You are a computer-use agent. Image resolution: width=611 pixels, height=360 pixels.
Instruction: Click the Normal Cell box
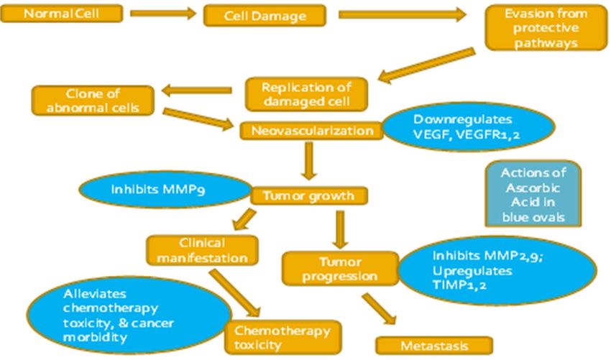tap(62, 13)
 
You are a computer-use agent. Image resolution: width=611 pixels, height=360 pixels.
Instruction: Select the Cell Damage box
tap(265, 16)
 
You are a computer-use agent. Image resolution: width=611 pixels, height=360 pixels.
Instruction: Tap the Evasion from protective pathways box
tap(546, 27)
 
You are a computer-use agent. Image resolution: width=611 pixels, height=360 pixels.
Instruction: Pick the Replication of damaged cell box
tap(306, 94)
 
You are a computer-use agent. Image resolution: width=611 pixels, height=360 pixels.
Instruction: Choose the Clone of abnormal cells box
tap(93, 101)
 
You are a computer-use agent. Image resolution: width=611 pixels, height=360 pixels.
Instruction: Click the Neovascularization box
tap(312, 131)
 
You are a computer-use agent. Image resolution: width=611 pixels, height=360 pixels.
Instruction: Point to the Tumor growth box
tap(308, 195)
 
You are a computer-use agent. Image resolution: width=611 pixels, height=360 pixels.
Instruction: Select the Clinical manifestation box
tap(202, 251)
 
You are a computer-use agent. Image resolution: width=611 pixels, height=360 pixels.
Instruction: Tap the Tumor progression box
tap(340, 269)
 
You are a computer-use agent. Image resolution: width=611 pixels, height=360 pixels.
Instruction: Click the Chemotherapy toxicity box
tap(283, 338)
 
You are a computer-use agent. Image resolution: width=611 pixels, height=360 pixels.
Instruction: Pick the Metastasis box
tap(434, 346)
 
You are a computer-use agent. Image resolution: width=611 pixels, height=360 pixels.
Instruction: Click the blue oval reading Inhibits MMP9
tap(165, 190)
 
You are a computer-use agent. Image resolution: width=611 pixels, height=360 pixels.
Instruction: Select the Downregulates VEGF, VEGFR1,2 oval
tap(469, 126)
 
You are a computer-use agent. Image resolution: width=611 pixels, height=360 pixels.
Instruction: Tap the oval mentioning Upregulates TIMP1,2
tap(497, 270)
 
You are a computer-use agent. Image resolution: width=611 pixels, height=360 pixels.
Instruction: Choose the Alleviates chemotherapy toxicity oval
tap(129, 315)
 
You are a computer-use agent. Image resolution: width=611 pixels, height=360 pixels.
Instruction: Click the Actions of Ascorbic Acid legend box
tap(533, 193)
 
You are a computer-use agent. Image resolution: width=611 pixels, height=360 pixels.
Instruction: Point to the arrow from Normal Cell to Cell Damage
tap(163, 14)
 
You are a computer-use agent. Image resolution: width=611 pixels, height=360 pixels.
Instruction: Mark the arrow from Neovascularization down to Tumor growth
tap(309, 160)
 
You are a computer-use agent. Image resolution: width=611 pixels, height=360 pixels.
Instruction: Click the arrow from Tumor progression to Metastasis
tap(379, 309)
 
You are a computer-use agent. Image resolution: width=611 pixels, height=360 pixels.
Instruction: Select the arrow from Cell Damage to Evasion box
tap(402, 15)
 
